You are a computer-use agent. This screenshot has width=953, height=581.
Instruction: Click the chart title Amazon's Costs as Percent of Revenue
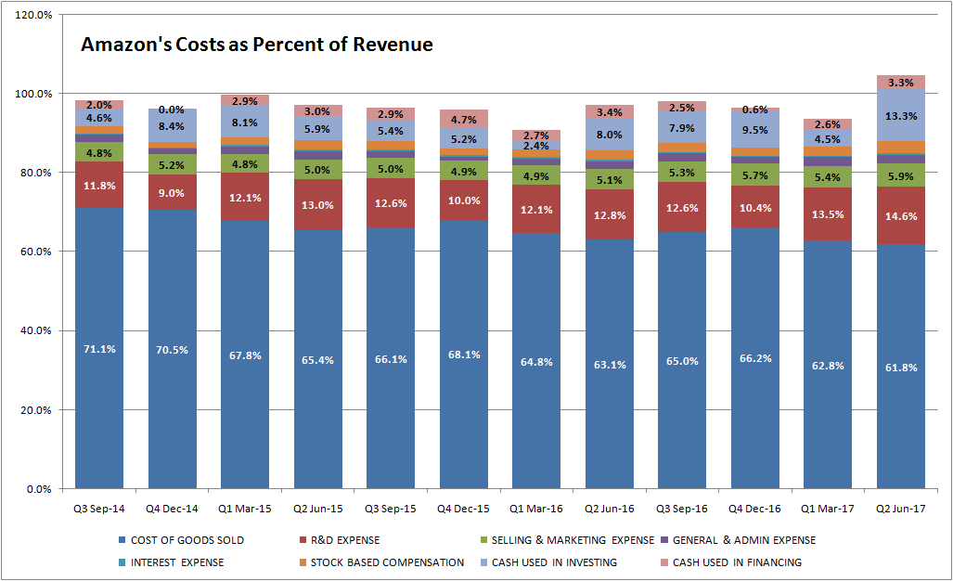point(256,45)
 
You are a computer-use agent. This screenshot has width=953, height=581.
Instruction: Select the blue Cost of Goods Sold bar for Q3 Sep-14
point(99,348)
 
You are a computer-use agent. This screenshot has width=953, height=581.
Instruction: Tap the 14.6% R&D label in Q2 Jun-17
point(901,216)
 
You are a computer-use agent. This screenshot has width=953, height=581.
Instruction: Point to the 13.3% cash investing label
point(901,116)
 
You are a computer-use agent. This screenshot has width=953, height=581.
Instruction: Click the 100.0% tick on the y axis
point(33,94)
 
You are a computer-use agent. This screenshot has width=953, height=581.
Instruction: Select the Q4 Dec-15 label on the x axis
point(463,509)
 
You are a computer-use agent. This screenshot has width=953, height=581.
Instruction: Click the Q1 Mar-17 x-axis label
point(827,509)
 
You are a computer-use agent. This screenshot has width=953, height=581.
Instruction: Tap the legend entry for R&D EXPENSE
point(340,540)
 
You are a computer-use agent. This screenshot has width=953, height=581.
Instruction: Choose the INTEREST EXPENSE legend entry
point(172,562)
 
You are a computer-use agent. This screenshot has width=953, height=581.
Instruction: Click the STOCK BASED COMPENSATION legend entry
point(381,562)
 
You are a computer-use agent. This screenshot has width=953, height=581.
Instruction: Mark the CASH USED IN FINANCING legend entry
point(732,562)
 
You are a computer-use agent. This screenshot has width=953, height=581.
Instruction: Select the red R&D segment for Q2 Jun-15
point(318,205)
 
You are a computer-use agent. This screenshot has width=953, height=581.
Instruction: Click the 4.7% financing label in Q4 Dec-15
point(464,120)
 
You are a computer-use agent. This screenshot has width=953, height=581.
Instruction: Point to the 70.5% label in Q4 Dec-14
point(172,350)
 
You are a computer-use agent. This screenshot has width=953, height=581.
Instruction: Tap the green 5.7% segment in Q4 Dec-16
point(754,174)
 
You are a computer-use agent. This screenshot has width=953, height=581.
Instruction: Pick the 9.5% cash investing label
point(754,130)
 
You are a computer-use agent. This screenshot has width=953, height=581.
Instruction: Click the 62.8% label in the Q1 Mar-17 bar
point(828,366)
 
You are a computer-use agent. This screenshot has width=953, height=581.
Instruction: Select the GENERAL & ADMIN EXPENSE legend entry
point(739,540)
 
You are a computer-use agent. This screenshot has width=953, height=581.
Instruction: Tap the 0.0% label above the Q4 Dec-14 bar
point(172,110)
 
